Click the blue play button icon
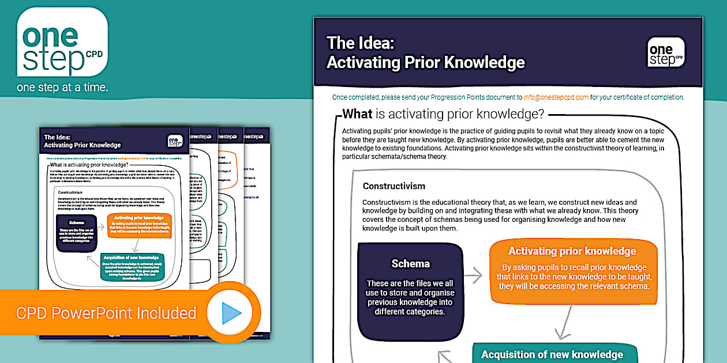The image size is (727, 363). coord(231,313)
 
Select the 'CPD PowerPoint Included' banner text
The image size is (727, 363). coord(106,313)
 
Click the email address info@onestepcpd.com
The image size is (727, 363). coord(556,97)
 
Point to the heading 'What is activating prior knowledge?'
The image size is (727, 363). coord(443,114)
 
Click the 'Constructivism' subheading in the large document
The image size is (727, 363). coord(394,186)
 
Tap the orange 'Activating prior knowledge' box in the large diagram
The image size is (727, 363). coord(572,271)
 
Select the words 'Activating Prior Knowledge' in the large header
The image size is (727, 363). coord(426,62)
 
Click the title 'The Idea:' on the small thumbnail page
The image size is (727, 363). coord(57,138)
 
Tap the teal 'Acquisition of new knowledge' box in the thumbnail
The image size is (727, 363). coord(132,267)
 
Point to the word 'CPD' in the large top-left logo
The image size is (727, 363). coord(93,54)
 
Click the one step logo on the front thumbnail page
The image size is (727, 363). coord(175,141)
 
